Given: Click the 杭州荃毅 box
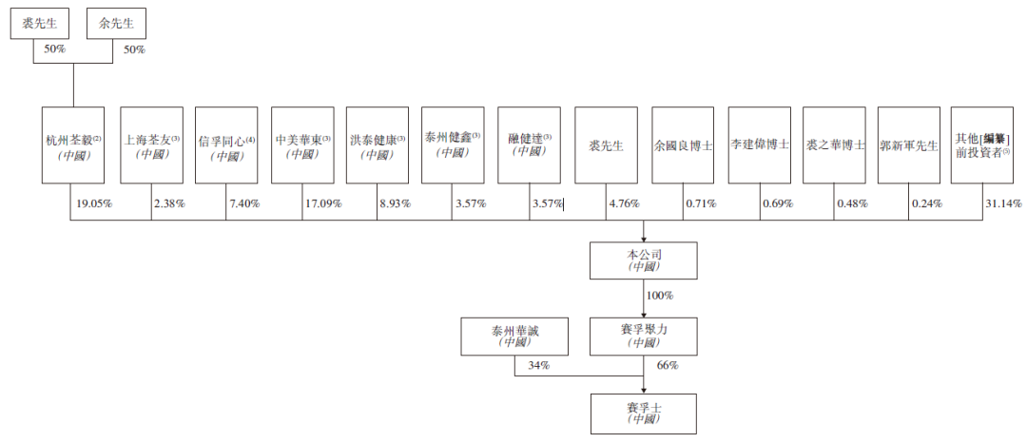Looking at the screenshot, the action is click(x=72, y=144).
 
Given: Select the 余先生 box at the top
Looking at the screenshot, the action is click(x=117, y=24).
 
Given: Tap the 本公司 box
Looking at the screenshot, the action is click(x=643, y=260).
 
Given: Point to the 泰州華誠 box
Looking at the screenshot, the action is click(x=514, y=336).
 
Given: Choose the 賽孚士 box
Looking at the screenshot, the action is click(x=643, y=413).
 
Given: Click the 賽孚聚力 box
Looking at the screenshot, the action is click(x=643, y=336).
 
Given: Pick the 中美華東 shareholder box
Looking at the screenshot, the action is click(x=302, y=144).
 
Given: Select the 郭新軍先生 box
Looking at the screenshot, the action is click(x=908, y=144).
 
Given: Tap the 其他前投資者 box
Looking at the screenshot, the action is click(x=981, y=144).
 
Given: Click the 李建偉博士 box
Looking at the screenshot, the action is click(x=759, y=144).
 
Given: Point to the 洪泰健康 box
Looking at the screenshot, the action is click(x=378, y=144).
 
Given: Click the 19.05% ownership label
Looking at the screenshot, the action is click(x=94, y=203).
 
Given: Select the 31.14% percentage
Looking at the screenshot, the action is click(x=1003, y=203).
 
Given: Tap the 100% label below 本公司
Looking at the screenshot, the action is click(x=660, y=295).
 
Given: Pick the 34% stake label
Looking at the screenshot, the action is click(x=538, y=365).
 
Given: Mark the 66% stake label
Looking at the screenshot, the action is click(x=668, y=365).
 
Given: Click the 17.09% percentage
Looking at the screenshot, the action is click(x=323, y=203).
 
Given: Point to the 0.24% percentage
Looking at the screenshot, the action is click(x=927, y=203).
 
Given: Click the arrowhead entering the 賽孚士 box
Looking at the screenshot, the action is click(x=643, y=391).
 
